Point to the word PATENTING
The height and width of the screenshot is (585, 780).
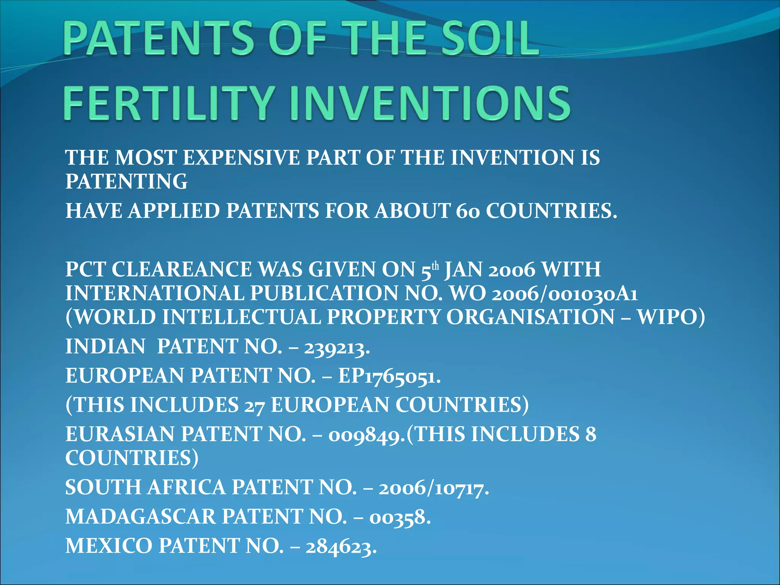point(126,181)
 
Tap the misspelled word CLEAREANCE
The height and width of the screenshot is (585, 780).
point(181,270)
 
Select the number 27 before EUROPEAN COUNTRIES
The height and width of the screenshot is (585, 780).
point(254,405)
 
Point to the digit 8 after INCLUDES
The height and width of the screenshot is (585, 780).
point(591,434)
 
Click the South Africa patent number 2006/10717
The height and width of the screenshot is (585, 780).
point(432,488)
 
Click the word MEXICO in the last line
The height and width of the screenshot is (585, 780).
point(109,546)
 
